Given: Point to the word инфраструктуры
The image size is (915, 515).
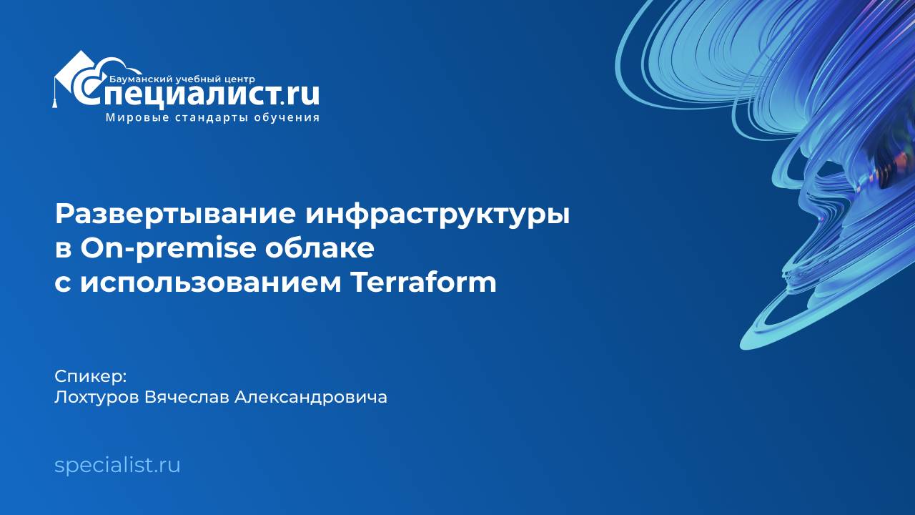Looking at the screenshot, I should (438, 215).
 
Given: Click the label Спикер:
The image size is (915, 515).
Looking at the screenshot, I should (90, 376).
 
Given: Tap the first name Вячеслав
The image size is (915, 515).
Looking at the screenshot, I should (189, 397).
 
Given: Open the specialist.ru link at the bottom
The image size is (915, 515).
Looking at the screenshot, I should (117, 466).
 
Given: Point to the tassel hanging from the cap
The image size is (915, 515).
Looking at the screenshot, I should (54, 100).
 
